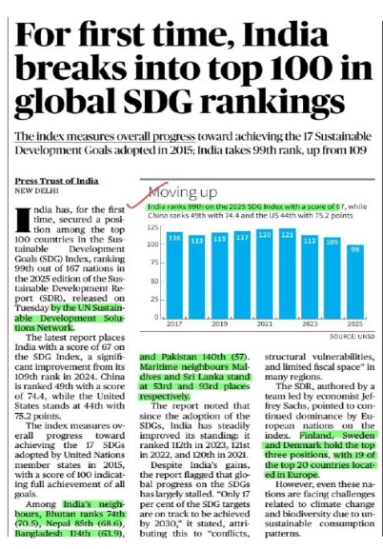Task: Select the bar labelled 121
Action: coord(288,273)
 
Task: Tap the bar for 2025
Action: coord(355,282)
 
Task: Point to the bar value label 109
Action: coord(333,242)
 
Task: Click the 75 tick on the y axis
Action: coord(155,263)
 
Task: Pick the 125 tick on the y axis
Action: coord(153,227)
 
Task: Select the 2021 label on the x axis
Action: coord(265,324)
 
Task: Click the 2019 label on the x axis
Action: coord(219,324)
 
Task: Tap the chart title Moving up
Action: coord(183,192)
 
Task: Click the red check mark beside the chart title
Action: coord(148,195)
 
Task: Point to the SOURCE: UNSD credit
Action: coord(353,337)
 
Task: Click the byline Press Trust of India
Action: coord(56,181)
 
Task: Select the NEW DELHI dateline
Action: coord(36,191)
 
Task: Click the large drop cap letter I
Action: coord(23,221)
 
